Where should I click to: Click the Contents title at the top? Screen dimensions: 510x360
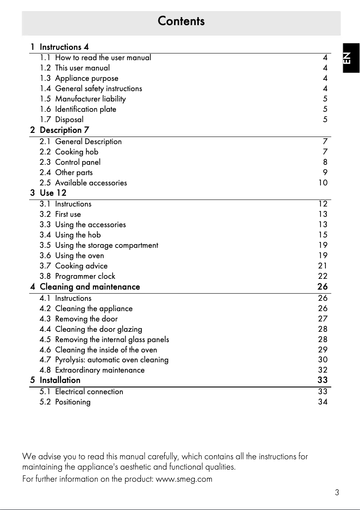click(x=181, y=21)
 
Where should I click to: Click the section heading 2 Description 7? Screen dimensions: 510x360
click(x=64, y=130)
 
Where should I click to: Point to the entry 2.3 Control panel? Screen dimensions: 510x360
click(x=77, y=162)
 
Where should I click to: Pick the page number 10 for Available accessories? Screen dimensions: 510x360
click(x=323, y=183)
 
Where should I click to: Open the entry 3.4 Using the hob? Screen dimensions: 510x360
click(x=78, y=235)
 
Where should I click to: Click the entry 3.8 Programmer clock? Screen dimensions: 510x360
click(x=85, y=276)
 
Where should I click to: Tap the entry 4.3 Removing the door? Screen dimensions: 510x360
click(x=86, y=319)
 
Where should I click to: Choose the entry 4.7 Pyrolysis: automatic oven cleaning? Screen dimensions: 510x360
click(x=111, y=360)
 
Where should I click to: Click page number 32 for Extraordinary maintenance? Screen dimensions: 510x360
click(x=322, y=370)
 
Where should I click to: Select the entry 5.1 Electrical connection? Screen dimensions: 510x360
click(x=89, y=391)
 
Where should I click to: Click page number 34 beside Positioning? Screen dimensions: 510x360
click(x=322, y=402)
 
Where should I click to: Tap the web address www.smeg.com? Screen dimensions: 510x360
click(x=184, y=479)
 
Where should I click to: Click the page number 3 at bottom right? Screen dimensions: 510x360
click(x=337, y=492)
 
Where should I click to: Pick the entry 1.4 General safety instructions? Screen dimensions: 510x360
click(x=98, y=88)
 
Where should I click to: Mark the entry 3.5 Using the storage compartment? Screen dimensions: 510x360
click(x=106, y=245)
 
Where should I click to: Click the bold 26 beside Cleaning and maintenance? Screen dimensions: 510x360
click(x=322, y=286)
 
